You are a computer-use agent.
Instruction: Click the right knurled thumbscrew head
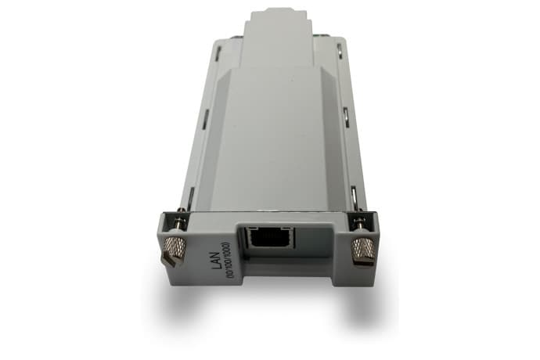[362, 250]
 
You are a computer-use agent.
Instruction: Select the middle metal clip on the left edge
[206, 118]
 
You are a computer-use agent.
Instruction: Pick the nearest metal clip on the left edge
[189, 194]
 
